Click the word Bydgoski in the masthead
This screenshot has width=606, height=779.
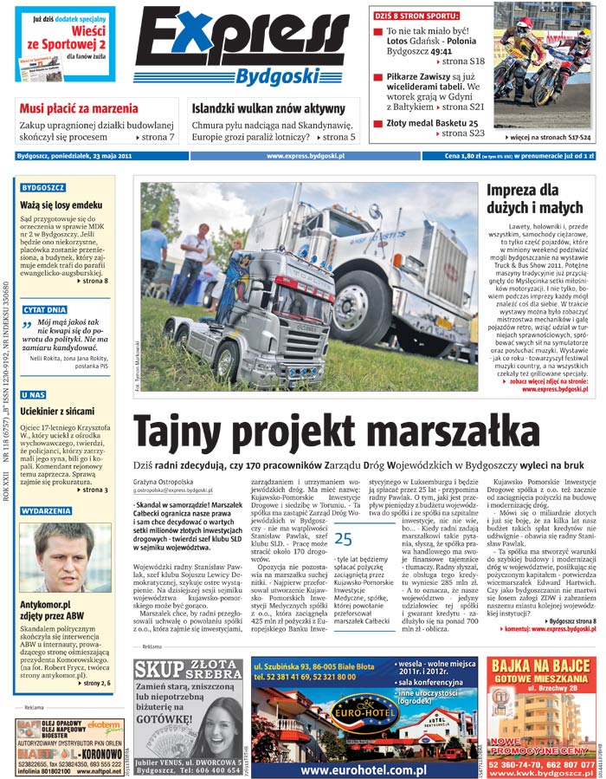(x=279, y=75)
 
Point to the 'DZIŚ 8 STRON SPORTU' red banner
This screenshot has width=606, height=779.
(x=417, y=16)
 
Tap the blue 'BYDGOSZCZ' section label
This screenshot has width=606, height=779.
(x=44, y=187)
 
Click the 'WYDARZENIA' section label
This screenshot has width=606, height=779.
(x=48, y=511)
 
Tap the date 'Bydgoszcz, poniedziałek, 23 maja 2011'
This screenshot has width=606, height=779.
(x=74, y=157)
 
